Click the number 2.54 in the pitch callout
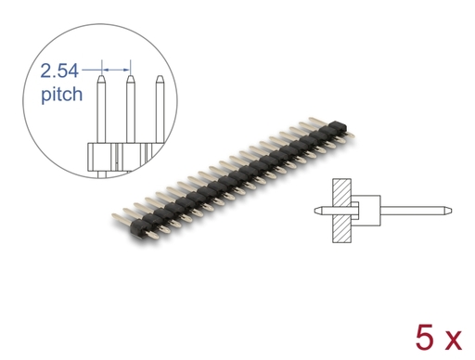click(x=59, y=71)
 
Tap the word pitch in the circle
click(x=62, y=94)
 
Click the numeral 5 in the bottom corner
click(x=424, y=338)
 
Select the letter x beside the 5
click(x=452, y=341)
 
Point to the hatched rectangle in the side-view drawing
click(x=341, y=211)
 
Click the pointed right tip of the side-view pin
click(x=450, y=211)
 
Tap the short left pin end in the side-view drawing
click(x=323, y=211)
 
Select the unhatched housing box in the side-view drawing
click(x=366, y=211)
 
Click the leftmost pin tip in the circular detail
click(x=101, y=78)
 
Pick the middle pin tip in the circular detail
click(x=131, y=78)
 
